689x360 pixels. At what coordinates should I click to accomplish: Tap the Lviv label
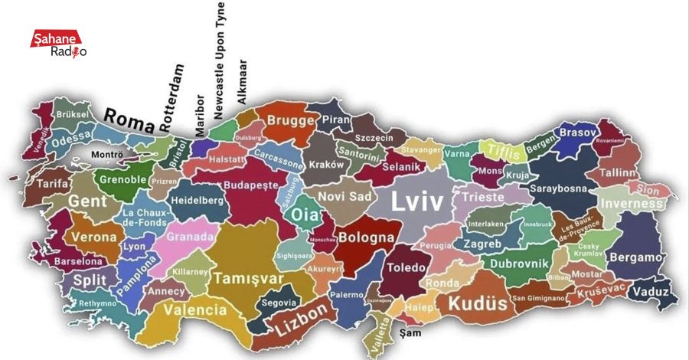click(417, 202)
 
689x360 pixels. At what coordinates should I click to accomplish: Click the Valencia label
click(195, 310)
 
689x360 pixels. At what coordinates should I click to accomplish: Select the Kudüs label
click(477, 303)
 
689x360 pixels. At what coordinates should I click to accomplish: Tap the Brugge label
click(290, 121)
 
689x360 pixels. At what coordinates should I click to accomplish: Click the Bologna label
click(366, 237)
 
